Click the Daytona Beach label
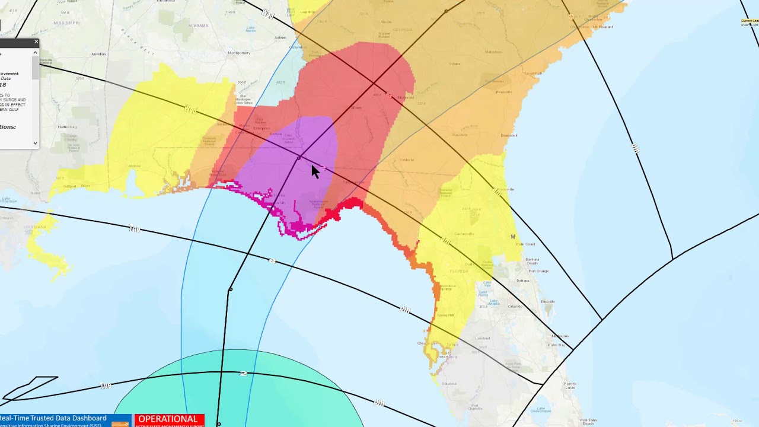(x=532, y=262)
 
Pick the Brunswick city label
(x=509, y=135)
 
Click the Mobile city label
(x=134, y=166)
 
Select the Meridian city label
(x=98, y=54)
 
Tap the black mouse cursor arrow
(x=315, y=171)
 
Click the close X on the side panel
(x=36, y=42)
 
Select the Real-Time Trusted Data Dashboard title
(x=53, y=418)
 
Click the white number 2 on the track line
(x=243, y=374)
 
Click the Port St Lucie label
(x=570, y=386)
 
